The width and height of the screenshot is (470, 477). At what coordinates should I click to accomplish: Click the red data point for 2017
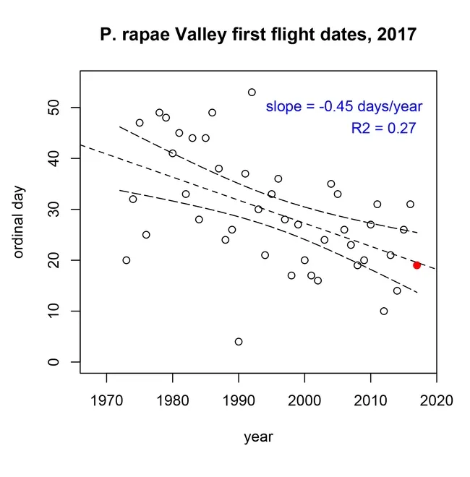click(416, 265)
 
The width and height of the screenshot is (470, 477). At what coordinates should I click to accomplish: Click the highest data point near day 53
click(252, 93)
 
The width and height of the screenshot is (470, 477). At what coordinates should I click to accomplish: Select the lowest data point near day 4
click(239, 342)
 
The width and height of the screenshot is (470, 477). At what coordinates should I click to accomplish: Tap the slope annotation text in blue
click(343, 107)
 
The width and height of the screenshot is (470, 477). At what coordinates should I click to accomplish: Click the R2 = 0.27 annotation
click(383, 129)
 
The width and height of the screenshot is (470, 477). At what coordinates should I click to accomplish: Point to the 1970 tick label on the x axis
click(106, 400)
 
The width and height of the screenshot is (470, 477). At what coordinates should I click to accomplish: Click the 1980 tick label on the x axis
click(172, 400)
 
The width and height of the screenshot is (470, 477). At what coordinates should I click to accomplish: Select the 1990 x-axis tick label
click(239, 400)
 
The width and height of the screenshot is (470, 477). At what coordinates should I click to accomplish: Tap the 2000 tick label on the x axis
click(304, 400)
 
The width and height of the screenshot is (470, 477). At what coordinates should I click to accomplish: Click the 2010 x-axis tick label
click(370, 400)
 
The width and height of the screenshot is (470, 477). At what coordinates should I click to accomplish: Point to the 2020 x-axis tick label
click(436, 400)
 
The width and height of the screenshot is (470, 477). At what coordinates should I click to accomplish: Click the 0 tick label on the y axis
click(53, 362)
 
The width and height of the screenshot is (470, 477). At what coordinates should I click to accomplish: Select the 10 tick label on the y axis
click(53, 311)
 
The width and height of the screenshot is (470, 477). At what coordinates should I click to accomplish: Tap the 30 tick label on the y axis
click(53, 209)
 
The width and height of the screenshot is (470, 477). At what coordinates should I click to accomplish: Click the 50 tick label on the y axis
click(53, 107)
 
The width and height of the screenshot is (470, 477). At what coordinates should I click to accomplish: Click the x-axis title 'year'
click(258, 437)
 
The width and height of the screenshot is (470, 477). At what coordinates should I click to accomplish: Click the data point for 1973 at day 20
click(127, 260)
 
